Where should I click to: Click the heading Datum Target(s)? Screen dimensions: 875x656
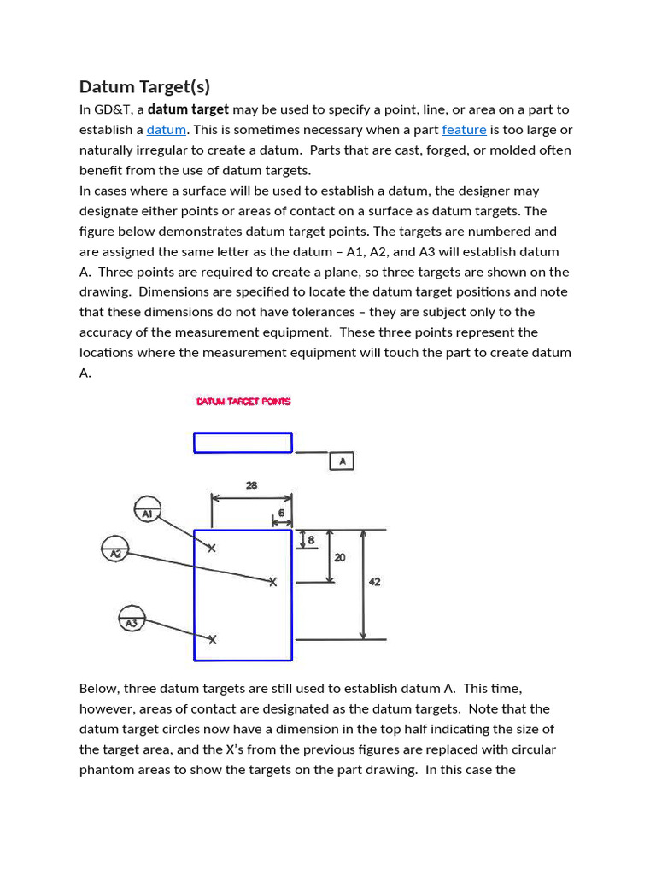[144, 87]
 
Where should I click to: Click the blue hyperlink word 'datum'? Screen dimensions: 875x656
[166, 130]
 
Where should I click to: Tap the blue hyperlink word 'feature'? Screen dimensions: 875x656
[464, 130]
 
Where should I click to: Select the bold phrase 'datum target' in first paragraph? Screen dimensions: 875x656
[188, 109]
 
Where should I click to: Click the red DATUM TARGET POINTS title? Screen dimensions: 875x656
[243, 402]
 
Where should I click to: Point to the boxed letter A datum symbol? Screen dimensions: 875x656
[342, 461]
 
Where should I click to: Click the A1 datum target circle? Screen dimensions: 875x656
[148, 509]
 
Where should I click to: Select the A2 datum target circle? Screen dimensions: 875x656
[114, 549]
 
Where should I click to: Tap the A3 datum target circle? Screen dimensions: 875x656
[132, 618]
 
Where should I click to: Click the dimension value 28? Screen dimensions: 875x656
[251, 485]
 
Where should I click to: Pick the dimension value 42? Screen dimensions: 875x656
[374, 582]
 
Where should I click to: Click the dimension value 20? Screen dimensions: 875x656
[340, 557]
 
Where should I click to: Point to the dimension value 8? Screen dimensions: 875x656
[310, 540]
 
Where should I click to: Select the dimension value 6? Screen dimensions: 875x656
[281, 512]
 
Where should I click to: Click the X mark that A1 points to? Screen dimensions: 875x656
[212, 549]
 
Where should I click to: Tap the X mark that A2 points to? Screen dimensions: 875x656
[273, 582]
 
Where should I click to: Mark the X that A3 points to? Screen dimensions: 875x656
[213, 639]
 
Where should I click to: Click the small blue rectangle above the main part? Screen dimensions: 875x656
[243, 443]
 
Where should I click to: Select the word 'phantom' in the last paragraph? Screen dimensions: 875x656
[105, 770]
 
